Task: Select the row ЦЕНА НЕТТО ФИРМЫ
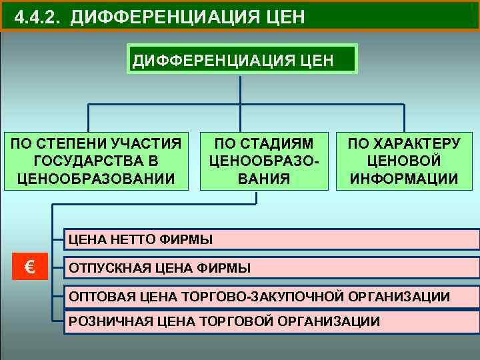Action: pos(270,239)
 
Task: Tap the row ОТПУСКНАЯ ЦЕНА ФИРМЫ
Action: pos(270,268)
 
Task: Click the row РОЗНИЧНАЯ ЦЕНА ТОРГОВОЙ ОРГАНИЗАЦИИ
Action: pos(270,321)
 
